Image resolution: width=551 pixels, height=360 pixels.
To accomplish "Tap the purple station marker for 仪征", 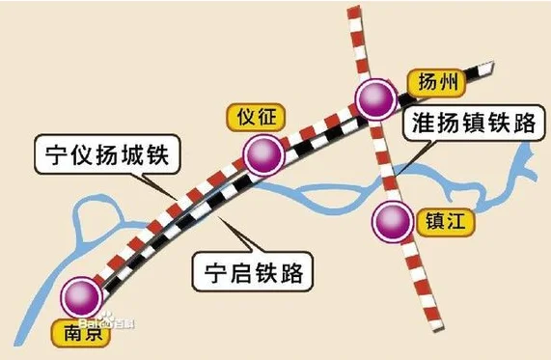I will [x=263, y=154].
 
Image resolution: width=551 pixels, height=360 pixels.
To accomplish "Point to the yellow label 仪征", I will [x=256, y=118].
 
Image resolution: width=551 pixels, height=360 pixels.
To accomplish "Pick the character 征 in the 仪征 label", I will [x=268, y=118].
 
